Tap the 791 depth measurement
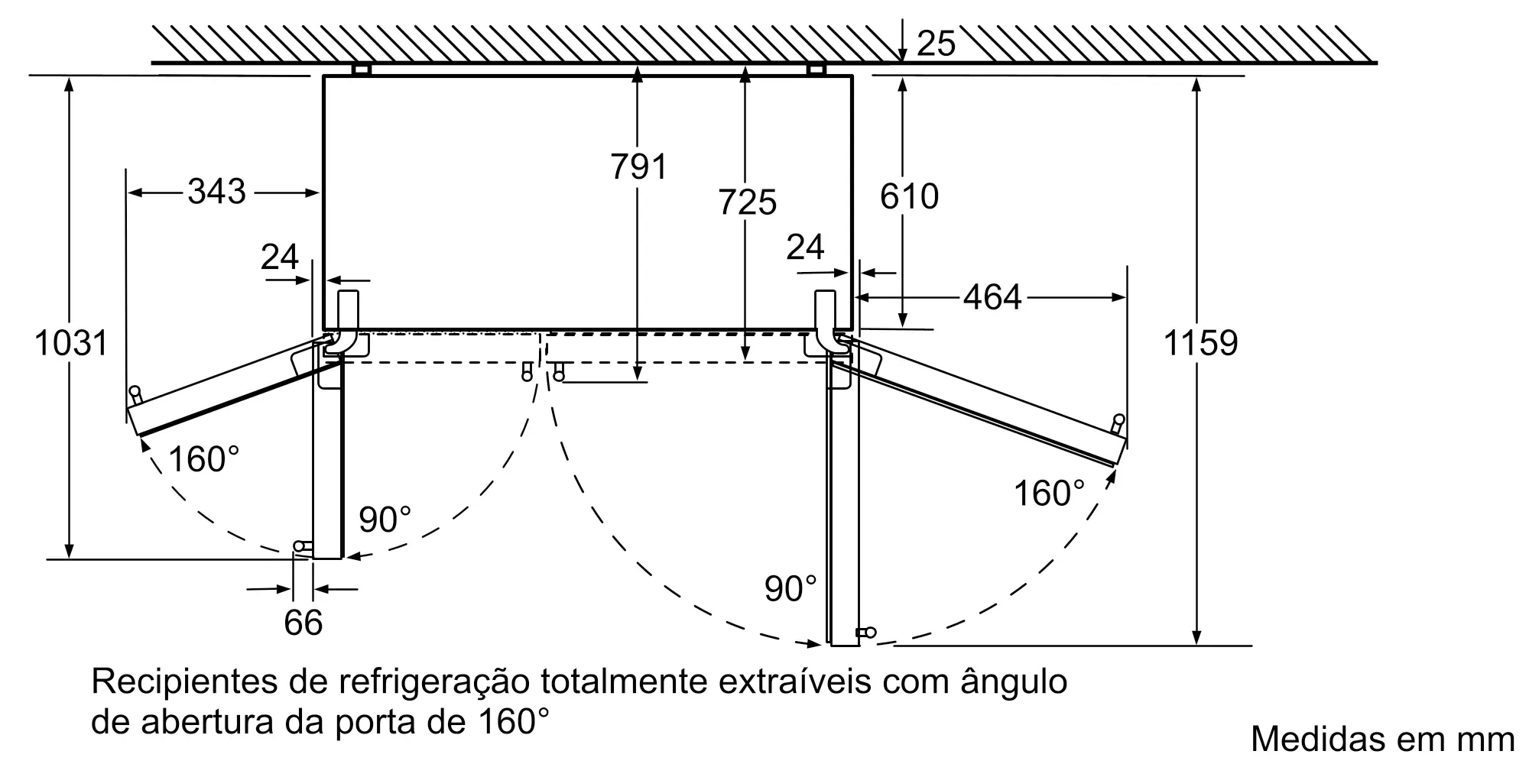638,166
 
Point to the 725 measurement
747,202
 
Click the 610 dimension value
909,196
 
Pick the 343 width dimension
217,191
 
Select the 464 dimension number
992,296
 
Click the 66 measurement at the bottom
303,623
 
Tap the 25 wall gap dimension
936,43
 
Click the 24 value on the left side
279,257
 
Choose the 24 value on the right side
805,247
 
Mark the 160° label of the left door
203,459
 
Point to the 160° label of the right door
1049,493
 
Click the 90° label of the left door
385,520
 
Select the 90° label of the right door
790,588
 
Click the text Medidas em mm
1382,738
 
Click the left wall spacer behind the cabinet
362,70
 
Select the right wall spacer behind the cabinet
816,70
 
